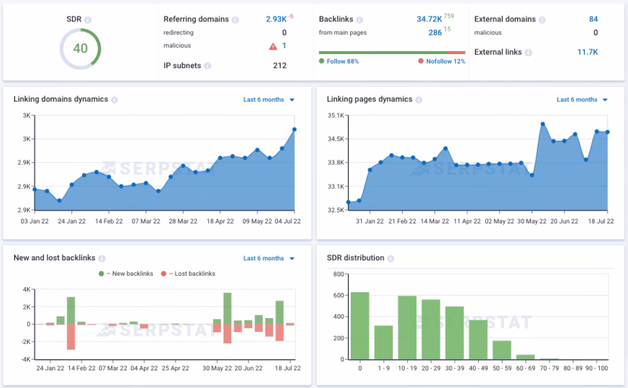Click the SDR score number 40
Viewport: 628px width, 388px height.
(80, 49)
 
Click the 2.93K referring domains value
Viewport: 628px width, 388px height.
(276, 19)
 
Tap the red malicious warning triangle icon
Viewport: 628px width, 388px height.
(273, 46)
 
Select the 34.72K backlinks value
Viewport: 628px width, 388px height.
(429, 19)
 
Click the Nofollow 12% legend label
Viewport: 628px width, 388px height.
(445, 61)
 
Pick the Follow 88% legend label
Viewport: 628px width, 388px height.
(342, 61)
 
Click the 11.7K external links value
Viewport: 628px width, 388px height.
(587, 52)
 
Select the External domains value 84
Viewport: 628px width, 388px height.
(593, 19)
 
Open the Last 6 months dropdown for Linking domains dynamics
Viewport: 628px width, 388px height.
(269, 99)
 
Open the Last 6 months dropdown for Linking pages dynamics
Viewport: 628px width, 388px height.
(582, 99)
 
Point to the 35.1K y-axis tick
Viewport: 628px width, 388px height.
(337, 115)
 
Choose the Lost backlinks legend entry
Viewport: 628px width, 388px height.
(191, 274)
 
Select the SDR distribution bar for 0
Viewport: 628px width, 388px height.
(360, 325)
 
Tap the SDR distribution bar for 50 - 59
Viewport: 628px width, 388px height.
(502, 349)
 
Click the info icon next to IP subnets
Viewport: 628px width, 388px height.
(208, 66)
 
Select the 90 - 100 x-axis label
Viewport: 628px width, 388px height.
(597, 368)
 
